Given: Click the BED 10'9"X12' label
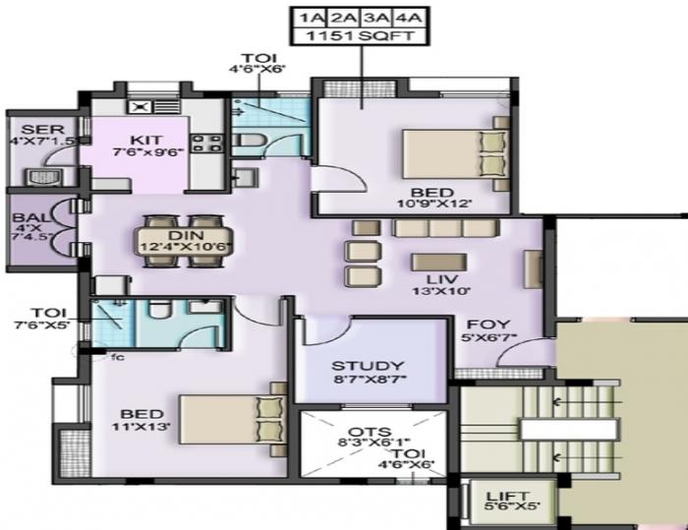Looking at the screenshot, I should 432,198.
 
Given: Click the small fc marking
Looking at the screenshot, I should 117,357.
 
